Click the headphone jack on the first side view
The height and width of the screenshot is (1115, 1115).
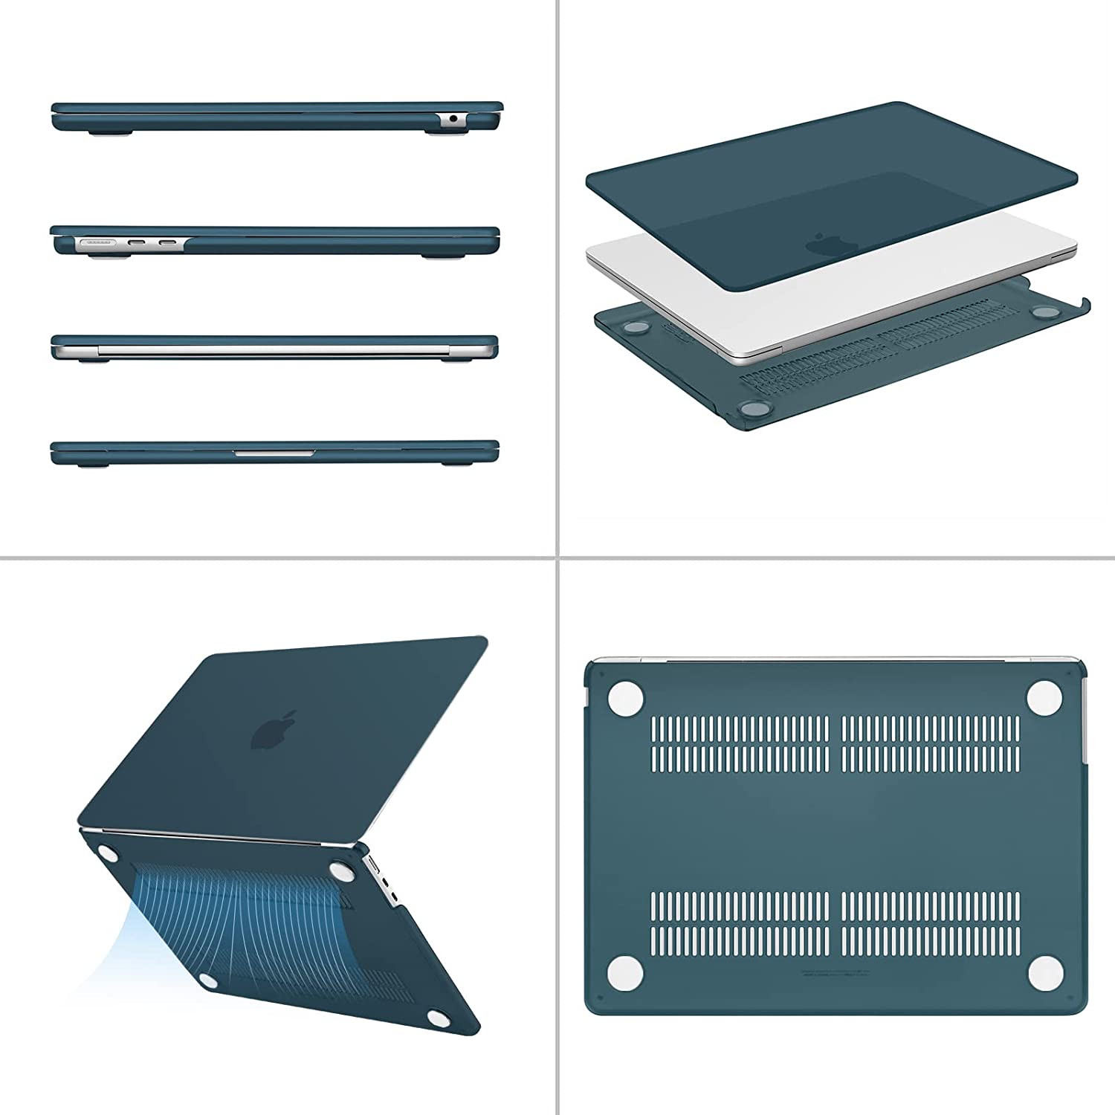[x=453, y=118]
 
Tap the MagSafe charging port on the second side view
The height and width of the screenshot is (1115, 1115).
[x=96, y=242]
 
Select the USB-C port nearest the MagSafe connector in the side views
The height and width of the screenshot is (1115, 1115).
[x=138, y=242]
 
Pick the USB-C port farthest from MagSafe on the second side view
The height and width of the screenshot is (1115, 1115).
[x=168, y=242]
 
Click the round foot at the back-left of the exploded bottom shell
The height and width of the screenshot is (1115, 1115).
[x=636, y=326]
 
